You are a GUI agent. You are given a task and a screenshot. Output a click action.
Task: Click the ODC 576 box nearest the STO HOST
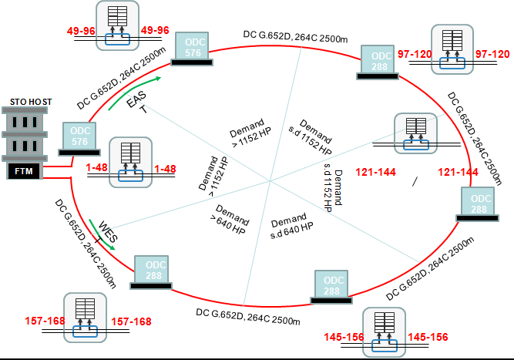pos(81,136)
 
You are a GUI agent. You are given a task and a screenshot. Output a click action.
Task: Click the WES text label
pos(107,233)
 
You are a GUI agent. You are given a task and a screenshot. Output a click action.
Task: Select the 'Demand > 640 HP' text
pos(230,220)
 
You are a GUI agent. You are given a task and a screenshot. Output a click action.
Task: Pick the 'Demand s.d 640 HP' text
pos(292,223)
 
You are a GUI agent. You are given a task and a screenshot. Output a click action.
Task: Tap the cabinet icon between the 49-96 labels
pos(118,25)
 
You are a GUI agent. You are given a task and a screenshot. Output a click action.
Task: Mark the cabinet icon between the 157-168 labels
pos(86,317)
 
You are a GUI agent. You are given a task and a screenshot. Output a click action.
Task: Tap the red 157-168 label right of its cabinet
pos(131,321)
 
